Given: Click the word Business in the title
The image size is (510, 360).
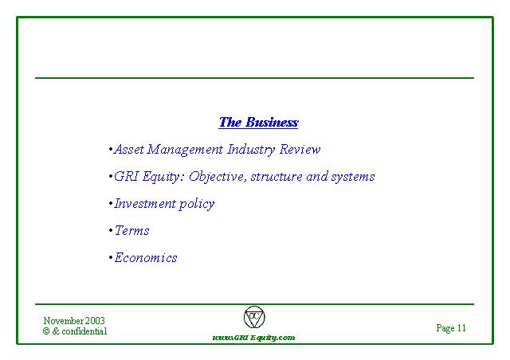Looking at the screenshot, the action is (x=272, y=123).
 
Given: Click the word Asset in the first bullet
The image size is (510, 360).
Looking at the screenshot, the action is (x=129, y=149).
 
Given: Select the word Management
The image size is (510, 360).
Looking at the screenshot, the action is (x=185, y=150).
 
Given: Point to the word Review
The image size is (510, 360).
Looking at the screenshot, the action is (x=300, y=149).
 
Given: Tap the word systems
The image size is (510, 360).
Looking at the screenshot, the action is (x=353, y=178).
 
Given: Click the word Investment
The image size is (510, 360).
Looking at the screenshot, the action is (x=145, y=204).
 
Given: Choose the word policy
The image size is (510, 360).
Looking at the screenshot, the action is (x=197, y=204).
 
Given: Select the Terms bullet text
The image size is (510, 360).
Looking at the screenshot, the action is (x=131, y=230).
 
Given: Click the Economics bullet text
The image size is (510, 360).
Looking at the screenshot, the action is (x=146, y=257).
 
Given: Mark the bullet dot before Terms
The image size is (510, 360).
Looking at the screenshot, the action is (x=111, y=231).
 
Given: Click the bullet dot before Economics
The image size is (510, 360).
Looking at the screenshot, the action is (x=111, y=258).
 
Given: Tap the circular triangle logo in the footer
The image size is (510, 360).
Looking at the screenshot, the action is (x=254, y=317).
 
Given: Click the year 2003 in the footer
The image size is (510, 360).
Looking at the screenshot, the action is (x=95, y=321).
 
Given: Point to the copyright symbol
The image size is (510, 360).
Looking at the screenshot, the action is (x=46, y=331).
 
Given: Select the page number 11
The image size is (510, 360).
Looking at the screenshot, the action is (x=461, y=328).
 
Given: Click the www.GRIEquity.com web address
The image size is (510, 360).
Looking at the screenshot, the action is (x=253, y=338).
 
